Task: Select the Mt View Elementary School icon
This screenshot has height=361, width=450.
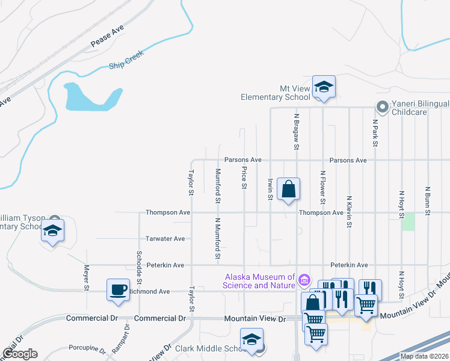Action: click(324, 88)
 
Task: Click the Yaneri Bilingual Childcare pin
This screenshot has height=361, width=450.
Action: click(381, 108)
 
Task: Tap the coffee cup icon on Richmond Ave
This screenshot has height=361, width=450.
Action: click(118, 289)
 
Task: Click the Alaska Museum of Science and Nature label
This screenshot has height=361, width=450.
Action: click(260, 281)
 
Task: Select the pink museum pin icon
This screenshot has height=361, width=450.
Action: click(304, 280)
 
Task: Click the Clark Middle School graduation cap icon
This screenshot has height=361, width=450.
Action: click(252, 339)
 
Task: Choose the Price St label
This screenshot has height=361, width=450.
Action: click(244, 176)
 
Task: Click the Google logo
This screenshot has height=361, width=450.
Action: click(19, 354)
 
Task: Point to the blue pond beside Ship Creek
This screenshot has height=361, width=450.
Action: click(90, 97)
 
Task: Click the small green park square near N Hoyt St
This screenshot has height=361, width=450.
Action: click(409, 221)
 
